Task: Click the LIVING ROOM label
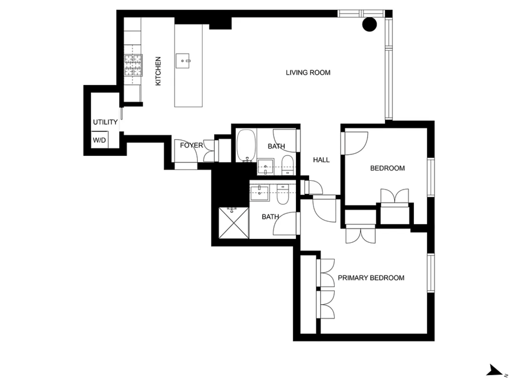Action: coord(308,73)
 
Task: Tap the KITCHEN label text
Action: coord(158,71)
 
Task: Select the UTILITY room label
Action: coord(105,122)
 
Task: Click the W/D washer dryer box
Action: coord(100,140)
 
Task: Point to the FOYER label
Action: coord(191,145)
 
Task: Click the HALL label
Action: coord(321,160)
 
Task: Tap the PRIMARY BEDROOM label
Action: coord(371,278)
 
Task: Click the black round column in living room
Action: coord(369,24)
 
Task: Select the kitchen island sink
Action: coord(183,61)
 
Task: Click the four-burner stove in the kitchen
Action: coord(133,65)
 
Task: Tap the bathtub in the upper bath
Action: coord(246,146)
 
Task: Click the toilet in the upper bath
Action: coord(288,165)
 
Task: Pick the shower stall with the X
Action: coord(234,223)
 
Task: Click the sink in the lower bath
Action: coord(259,193)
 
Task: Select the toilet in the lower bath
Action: coord(283,194)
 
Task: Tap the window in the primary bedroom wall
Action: coord(431,273)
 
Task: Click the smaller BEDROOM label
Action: coord(387,168)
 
